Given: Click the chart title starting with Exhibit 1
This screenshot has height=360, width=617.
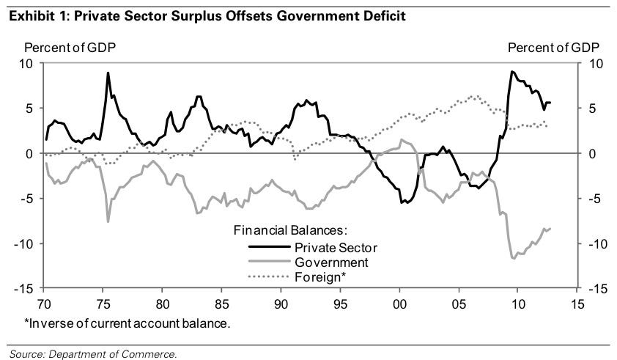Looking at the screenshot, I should click(207, 15).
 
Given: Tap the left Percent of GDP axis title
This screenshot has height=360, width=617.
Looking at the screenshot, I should click(70, 48).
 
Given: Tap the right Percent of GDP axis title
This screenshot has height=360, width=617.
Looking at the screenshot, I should click(553, 48).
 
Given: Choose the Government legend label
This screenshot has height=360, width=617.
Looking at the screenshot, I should click(331, 262).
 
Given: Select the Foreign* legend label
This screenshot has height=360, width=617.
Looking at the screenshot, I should click(320, 277).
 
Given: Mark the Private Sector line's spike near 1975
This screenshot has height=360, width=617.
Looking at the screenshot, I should click(108, 73).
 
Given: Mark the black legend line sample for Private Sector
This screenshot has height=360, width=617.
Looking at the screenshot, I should click(268, 247).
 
